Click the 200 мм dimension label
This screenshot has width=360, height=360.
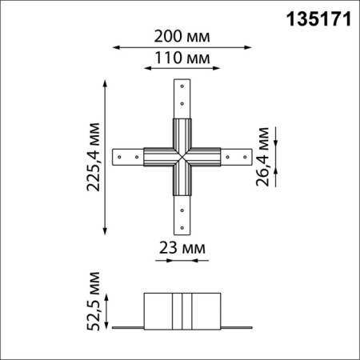click(179, 35)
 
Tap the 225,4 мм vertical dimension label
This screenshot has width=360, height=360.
click(94, 155)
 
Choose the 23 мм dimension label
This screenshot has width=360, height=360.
click(180, 246)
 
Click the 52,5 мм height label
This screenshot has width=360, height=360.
click(94, 302)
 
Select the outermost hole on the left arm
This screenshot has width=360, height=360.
click(120, 156)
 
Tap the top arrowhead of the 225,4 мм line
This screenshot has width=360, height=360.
click(107, 81)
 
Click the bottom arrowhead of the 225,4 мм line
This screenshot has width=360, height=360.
click(107, 231)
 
